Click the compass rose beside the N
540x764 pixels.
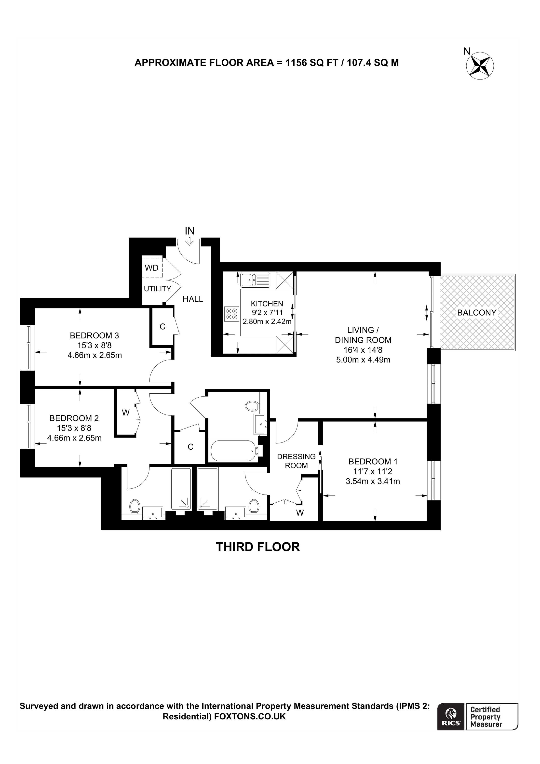[480, 66]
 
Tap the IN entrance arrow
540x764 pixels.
[190, 241]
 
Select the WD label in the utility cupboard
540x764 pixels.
[152, 268]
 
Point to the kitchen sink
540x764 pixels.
[256, 280]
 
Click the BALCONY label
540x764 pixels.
[477, 312]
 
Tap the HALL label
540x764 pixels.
[193, 299]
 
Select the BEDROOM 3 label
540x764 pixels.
[94, 335]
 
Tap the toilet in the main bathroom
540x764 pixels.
[252, 406]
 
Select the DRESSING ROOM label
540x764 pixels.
[296, 461]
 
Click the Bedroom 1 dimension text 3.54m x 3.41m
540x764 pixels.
[373, 481]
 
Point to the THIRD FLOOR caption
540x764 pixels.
[258, 547]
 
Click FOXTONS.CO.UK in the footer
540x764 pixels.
[250, 716]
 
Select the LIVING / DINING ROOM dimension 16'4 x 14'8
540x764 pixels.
[363, 350]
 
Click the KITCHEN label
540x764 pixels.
[267, 304]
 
